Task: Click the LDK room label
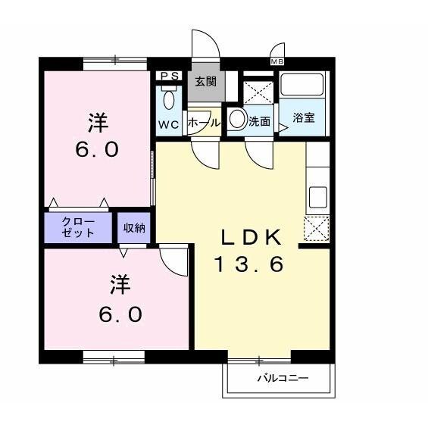(x=251, y=237)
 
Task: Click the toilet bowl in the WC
(x=168, y=99)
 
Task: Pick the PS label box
(x=167, y=76)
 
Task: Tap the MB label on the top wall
(x=276, y=61)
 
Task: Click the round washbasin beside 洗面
(x=238, y=119)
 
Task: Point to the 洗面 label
(x=260, y=120)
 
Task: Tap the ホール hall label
(x=203, y=122)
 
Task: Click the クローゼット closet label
(x=79, y=227)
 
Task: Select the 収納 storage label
(x=135, y=226)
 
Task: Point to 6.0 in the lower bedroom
(x=119, y=313)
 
